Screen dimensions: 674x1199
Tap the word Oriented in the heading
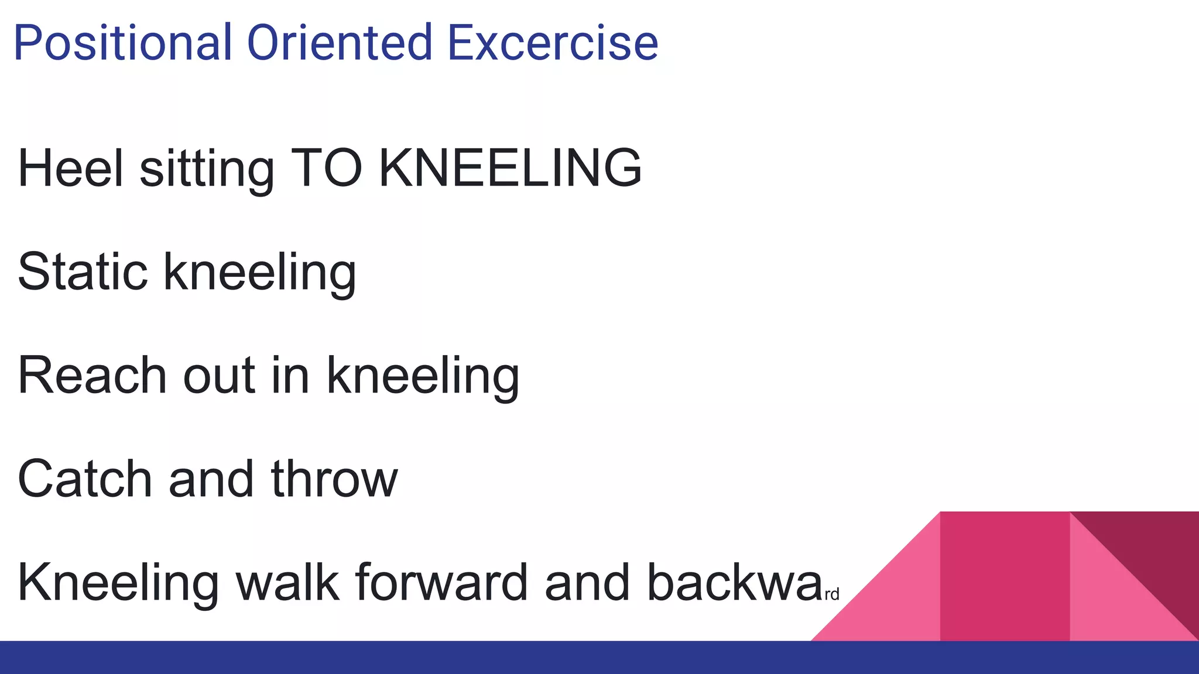[340, 43]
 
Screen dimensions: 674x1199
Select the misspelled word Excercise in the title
[553, 43]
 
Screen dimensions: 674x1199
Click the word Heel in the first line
[71, 168]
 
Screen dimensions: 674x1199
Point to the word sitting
[207, 170]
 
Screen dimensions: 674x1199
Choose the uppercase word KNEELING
[510, 168]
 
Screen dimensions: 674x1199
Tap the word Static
[83, 271]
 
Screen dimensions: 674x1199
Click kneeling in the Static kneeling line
[260, 273]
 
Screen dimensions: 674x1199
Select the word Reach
[93, 376]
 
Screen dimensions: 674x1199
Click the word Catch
[85, 479]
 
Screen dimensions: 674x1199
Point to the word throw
[334, 479]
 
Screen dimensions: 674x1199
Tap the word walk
[287, 583]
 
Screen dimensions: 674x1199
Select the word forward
[441, 583]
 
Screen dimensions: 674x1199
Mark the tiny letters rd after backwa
[832, 595]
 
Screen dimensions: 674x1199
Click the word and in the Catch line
[211, 479]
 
